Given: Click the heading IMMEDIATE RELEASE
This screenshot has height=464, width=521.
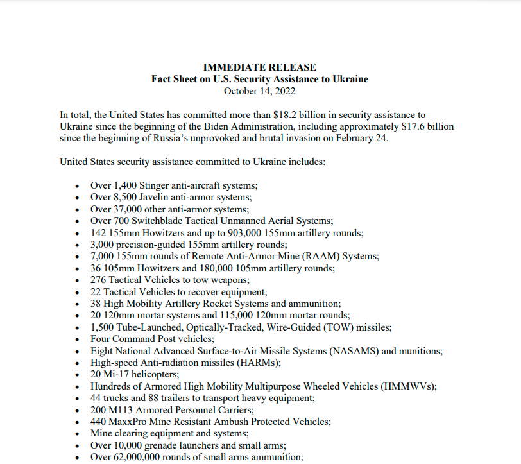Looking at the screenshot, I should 260,67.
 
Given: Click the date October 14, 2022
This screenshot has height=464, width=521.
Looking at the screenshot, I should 260,90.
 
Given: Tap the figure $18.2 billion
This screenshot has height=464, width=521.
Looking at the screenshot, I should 294,115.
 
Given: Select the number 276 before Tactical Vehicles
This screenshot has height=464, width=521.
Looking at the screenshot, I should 98,280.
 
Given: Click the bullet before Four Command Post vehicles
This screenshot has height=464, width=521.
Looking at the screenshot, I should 77,339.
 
